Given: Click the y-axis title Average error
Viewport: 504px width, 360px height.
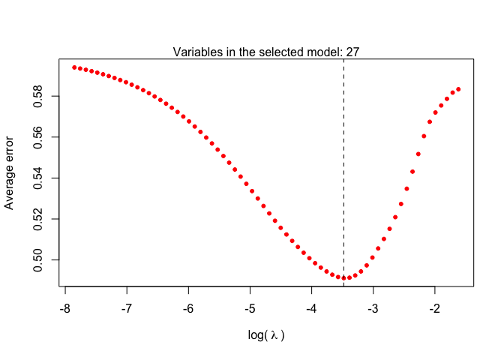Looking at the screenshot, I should (10, 172).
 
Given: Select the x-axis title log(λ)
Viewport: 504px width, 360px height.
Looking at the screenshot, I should (266, 335).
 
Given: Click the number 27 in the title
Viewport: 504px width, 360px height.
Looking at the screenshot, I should (352, 52).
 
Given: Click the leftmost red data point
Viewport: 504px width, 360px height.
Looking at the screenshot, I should (74, 67).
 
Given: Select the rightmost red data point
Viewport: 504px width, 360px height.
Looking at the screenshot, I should (458, 88).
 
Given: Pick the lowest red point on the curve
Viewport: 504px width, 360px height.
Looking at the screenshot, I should (344, 277).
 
